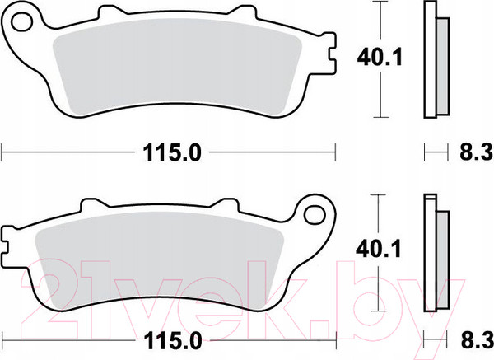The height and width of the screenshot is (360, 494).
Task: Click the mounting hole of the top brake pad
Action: coord(21,21)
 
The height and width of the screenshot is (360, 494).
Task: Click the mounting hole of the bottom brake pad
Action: coord(315,215)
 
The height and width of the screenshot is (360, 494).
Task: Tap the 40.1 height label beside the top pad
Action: coord(380,58)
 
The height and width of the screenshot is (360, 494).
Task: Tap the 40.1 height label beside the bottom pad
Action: coord(379,249)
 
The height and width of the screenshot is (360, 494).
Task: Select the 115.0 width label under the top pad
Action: coord(172,152)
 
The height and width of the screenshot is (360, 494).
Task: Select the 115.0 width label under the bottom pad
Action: coord(173,341)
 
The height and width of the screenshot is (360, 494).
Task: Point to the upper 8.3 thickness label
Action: coord(476,152)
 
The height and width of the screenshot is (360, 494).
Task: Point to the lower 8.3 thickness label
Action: coord(477,340)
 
